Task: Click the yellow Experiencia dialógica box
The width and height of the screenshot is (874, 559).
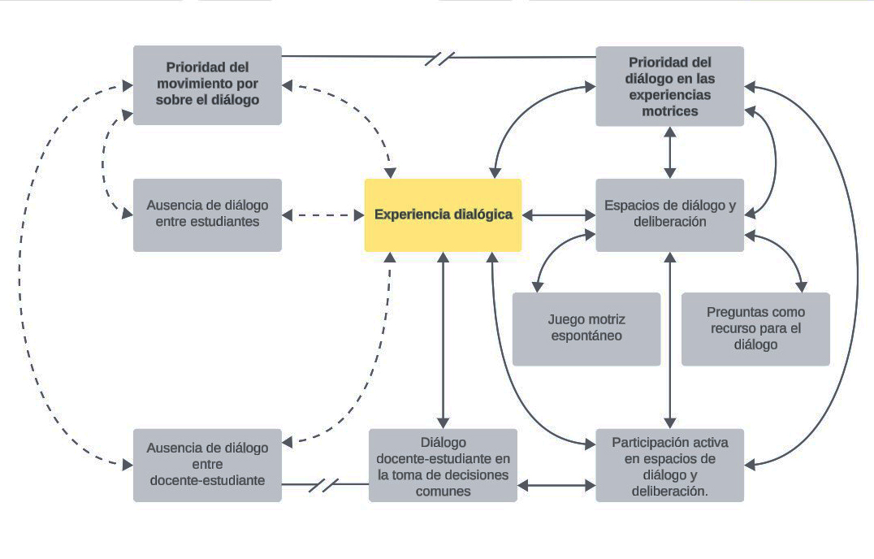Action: (x=443, y=215)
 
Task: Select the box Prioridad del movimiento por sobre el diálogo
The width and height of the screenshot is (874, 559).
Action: (x=207, y=84)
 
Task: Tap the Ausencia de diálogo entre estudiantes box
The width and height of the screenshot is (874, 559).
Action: (x=207, y=214)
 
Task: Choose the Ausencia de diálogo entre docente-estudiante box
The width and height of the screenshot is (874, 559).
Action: (x=207, y=465)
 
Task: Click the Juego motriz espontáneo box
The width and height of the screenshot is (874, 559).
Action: (x=586, y=328)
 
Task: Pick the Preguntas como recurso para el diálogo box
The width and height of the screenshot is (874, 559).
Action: (x=755, y=328)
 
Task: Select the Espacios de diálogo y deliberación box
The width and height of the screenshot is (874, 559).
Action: (x=669, y=214)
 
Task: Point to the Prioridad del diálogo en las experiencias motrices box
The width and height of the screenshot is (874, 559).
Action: (x=669, y=86)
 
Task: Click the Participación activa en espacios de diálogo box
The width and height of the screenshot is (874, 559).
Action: (x=669, y=465)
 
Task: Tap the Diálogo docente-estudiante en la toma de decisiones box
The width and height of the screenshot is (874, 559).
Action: (x=443, y=465)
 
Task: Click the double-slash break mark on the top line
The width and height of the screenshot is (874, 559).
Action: (x=439, y=58)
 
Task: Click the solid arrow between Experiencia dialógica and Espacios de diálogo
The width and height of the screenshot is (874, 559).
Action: (x=559, y=215)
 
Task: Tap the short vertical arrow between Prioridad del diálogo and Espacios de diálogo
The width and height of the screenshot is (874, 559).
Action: (x=669, y=152)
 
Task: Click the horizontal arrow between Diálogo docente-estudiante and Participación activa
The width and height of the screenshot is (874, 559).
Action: (x=556, y=485)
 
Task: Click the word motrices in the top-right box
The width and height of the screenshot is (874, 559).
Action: (x=669, y=111)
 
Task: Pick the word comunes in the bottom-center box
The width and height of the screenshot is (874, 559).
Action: (x=443, y=491)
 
